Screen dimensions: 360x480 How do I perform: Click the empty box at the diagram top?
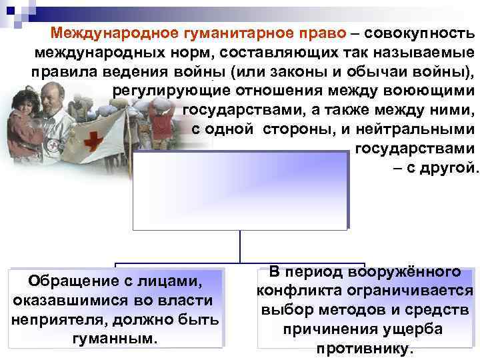coord(240,190)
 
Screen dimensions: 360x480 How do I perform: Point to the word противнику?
coord(365,349)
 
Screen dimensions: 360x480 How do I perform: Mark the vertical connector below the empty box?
coord(240,245)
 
